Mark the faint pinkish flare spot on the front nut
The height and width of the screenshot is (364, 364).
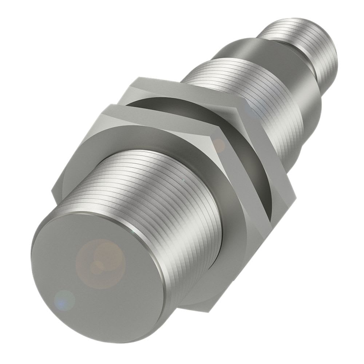(219, 146)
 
